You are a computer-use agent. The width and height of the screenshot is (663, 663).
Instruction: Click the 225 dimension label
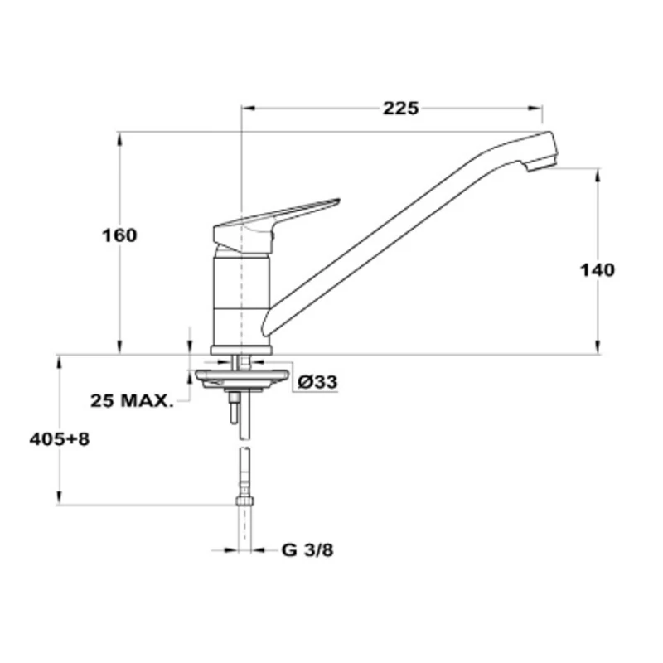[400, 109]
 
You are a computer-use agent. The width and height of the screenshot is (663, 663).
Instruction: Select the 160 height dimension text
[119, 235]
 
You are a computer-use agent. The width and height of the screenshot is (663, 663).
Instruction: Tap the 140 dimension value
[597, 270]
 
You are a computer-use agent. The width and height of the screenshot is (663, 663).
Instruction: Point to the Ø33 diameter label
[317, 382]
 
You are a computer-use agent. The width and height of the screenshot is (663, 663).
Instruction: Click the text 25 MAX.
[132, 400]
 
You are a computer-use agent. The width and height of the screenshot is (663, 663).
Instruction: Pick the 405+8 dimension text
[60, 439]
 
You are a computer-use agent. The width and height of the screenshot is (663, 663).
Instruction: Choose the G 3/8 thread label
[307, 550]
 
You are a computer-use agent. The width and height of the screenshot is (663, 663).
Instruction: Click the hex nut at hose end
[244, 501]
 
